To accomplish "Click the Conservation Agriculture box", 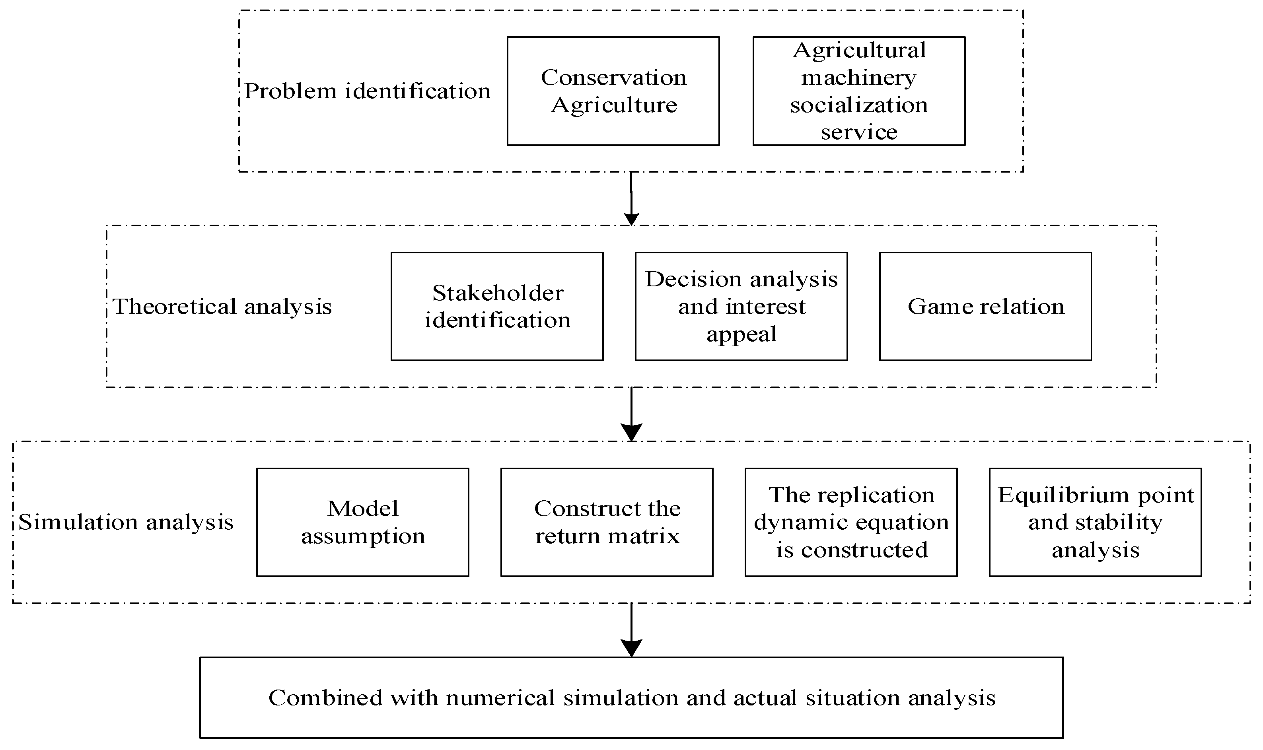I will [613, 91].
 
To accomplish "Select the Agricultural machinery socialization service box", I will [859, 91].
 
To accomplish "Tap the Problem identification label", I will [368, 91].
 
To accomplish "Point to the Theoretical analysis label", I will [222, 307].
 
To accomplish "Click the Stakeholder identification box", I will [497, 307].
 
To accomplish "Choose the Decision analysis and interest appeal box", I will [741, 307].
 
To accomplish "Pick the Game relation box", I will [985, 307].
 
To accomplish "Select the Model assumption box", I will [362, 522].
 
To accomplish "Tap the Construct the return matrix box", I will [607, 522].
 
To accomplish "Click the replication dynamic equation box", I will [851, 522].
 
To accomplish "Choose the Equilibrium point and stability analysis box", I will [1095, 522].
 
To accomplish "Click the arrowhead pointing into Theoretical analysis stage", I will [632, 219].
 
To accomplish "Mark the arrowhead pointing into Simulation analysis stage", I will [632, 433].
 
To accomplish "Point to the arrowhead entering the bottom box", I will [632, 648].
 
